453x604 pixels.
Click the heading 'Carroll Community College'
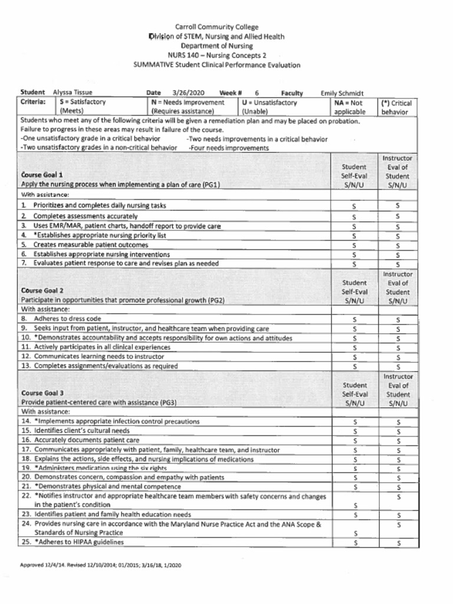216,27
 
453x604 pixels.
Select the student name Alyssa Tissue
73,93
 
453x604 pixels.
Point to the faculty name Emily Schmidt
342,93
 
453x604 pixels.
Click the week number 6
257,93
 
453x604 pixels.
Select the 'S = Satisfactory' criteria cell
83,106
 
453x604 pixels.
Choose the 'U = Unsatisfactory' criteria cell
270,106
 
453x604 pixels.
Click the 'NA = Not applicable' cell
350,107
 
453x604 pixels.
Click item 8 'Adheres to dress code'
67,319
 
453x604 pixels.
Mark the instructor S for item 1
398,206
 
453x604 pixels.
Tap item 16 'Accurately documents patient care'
86,440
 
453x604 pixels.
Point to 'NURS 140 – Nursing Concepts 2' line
216,55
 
